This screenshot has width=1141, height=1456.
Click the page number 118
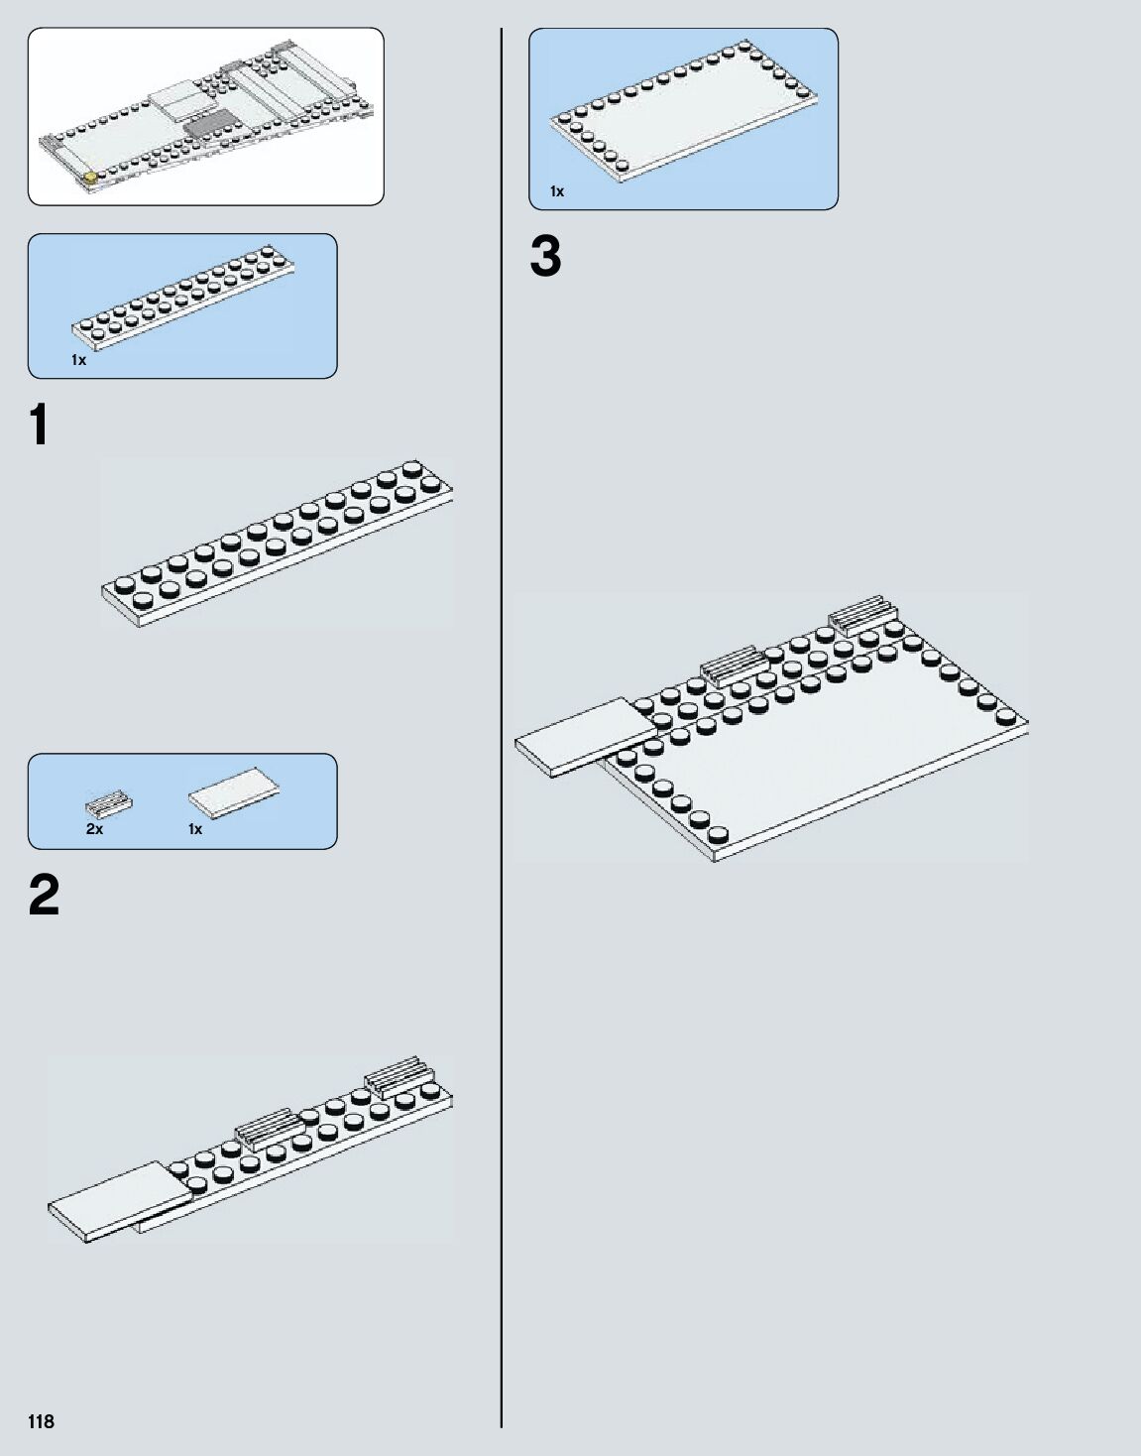[x=41, y=1421]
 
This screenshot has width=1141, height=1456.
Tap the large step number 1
[x=39, y=425]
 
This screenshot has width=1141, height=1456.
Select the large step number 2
[x=45, y=896]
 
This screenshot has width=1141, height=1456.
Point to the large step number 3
[x=545, y=257]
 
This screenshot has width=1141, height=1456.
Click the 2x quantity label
[x=94, y=829]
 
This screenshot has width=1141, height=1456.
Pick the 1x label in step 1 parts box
[x=78, y=361]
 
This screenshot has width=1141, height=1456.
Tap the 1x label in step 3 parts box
[x=557, y=191]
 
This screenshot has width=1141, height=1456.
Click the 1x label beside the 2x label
[x=195, y=829]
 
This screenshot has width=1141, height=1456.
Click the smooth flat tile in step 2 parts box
[x=234, y=793]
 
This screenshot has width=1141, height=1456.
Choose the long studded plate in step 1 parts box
[x=183, y=297]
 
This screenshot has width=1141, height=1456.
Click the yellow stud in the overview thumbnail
[x=92, y=179]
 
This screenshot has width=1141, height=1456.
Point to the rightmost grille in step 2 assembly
[x=400, y=1077]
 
